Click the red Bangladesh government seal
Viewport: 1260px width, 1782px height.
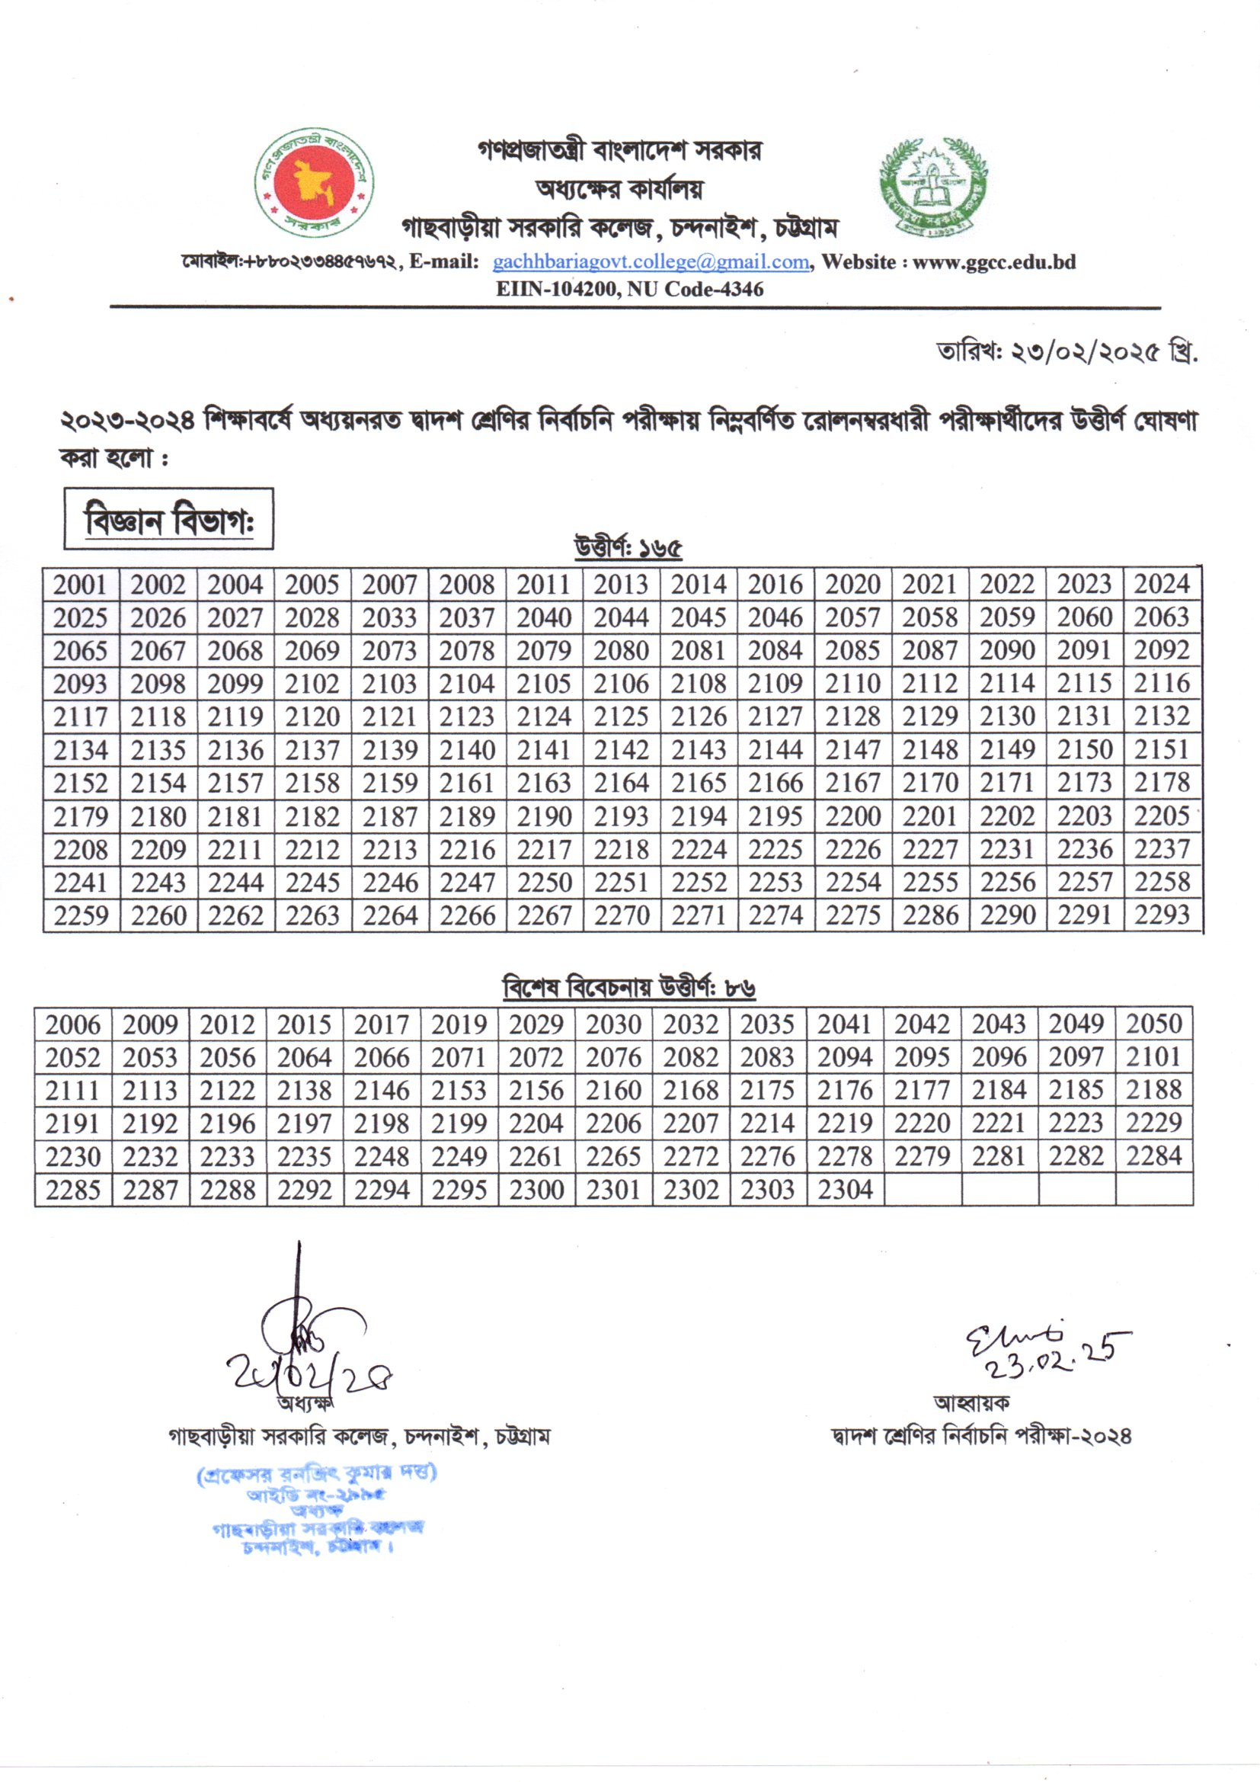314,183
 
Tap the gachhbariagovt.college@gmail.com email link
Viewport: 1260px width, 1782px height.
651,262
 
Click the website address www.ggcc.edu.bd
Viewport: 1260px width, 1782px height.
994,262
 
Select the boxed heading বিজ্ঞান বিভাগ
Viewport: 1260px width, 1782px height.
168,519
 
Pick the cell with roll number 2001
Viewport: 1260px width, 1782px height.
81,585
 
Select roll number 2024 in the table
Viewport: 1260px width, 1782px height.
1162,585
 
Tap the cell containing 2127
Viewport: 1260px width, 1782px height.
775,716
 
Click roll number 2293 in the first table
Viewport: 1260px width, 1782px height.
1162,916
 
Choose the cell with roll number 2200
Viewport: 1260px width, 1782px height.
852,816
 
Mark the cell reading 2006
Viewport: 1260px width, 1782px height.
73,1024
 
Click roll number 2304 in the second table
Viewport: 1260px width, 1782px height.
845,1190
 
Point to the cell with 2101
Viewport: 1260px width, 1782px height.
1153,1057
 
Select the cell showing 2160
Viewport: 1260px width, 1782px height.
613,1091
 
